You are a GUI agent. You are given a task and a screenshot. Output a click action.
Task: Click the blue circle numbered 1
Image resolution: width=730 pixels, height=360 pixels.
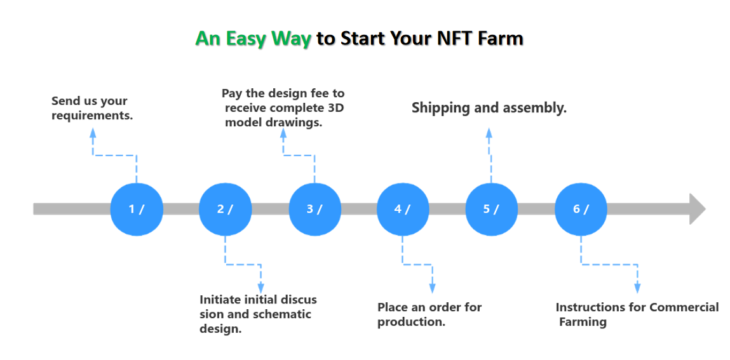click(137, 210)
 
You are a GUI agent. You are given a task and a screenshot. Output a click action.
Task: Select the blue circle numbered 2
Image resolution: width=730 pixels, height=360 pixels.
click(226, 210)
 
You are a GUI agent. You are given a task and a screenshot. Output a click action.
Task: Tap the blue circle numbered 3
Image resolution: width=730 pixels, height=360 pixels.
click(315, 210)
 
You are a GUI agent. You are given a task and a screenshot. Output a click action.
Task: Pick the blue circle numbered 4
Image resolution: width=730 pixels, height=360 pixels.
click(403, 210)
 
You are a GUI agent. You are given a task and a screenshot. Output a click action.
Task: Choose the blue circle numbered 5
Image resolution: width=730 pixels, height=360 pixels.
click(492, 210)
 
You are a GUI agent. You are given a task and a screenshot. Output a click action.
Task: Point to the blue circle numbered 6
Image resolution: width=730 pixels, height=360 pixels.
click(581, 210)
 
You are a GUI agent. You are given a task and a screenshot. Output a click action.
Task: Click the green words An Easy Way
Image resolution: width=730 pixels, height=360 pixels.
click(253, 39)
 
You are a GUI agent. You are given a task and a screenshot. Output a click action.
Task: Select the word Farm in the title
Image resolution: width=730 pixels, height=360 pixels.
click(503, 38)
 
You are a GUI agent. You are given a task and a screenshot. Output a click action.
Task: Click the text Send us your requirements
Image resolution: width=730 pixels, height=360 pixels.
click(91, 109)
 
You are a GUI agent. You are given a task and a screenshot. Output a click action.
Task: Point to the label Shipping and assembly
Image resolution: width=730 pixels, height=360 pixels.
click(489, 108)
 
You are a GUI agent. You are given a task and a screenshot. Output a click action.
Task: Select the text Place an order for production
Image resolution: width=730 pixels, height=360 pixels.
click(429, 314)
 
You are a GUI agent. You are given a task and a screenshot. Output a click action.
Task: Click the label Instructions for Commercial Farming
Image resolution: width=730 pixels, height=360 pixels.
click(637, 314)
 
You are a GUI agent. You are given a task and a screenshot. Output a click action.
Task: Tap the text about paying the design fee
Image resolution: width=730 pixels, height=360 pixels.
click(283, 108)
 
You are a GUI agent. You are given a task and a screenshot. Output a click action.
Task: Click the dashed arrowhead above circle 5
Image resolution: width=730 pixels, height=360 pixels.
click(489, 133)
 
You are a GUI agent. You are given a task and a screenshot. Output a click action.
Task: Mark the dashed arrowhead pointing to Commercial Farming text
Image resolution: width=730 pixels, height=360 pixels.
click(637, 288)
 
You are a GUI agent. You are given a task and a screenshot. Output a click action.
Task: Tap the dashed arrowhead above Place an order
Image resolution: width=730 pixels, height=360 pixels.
click(433, 288)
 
